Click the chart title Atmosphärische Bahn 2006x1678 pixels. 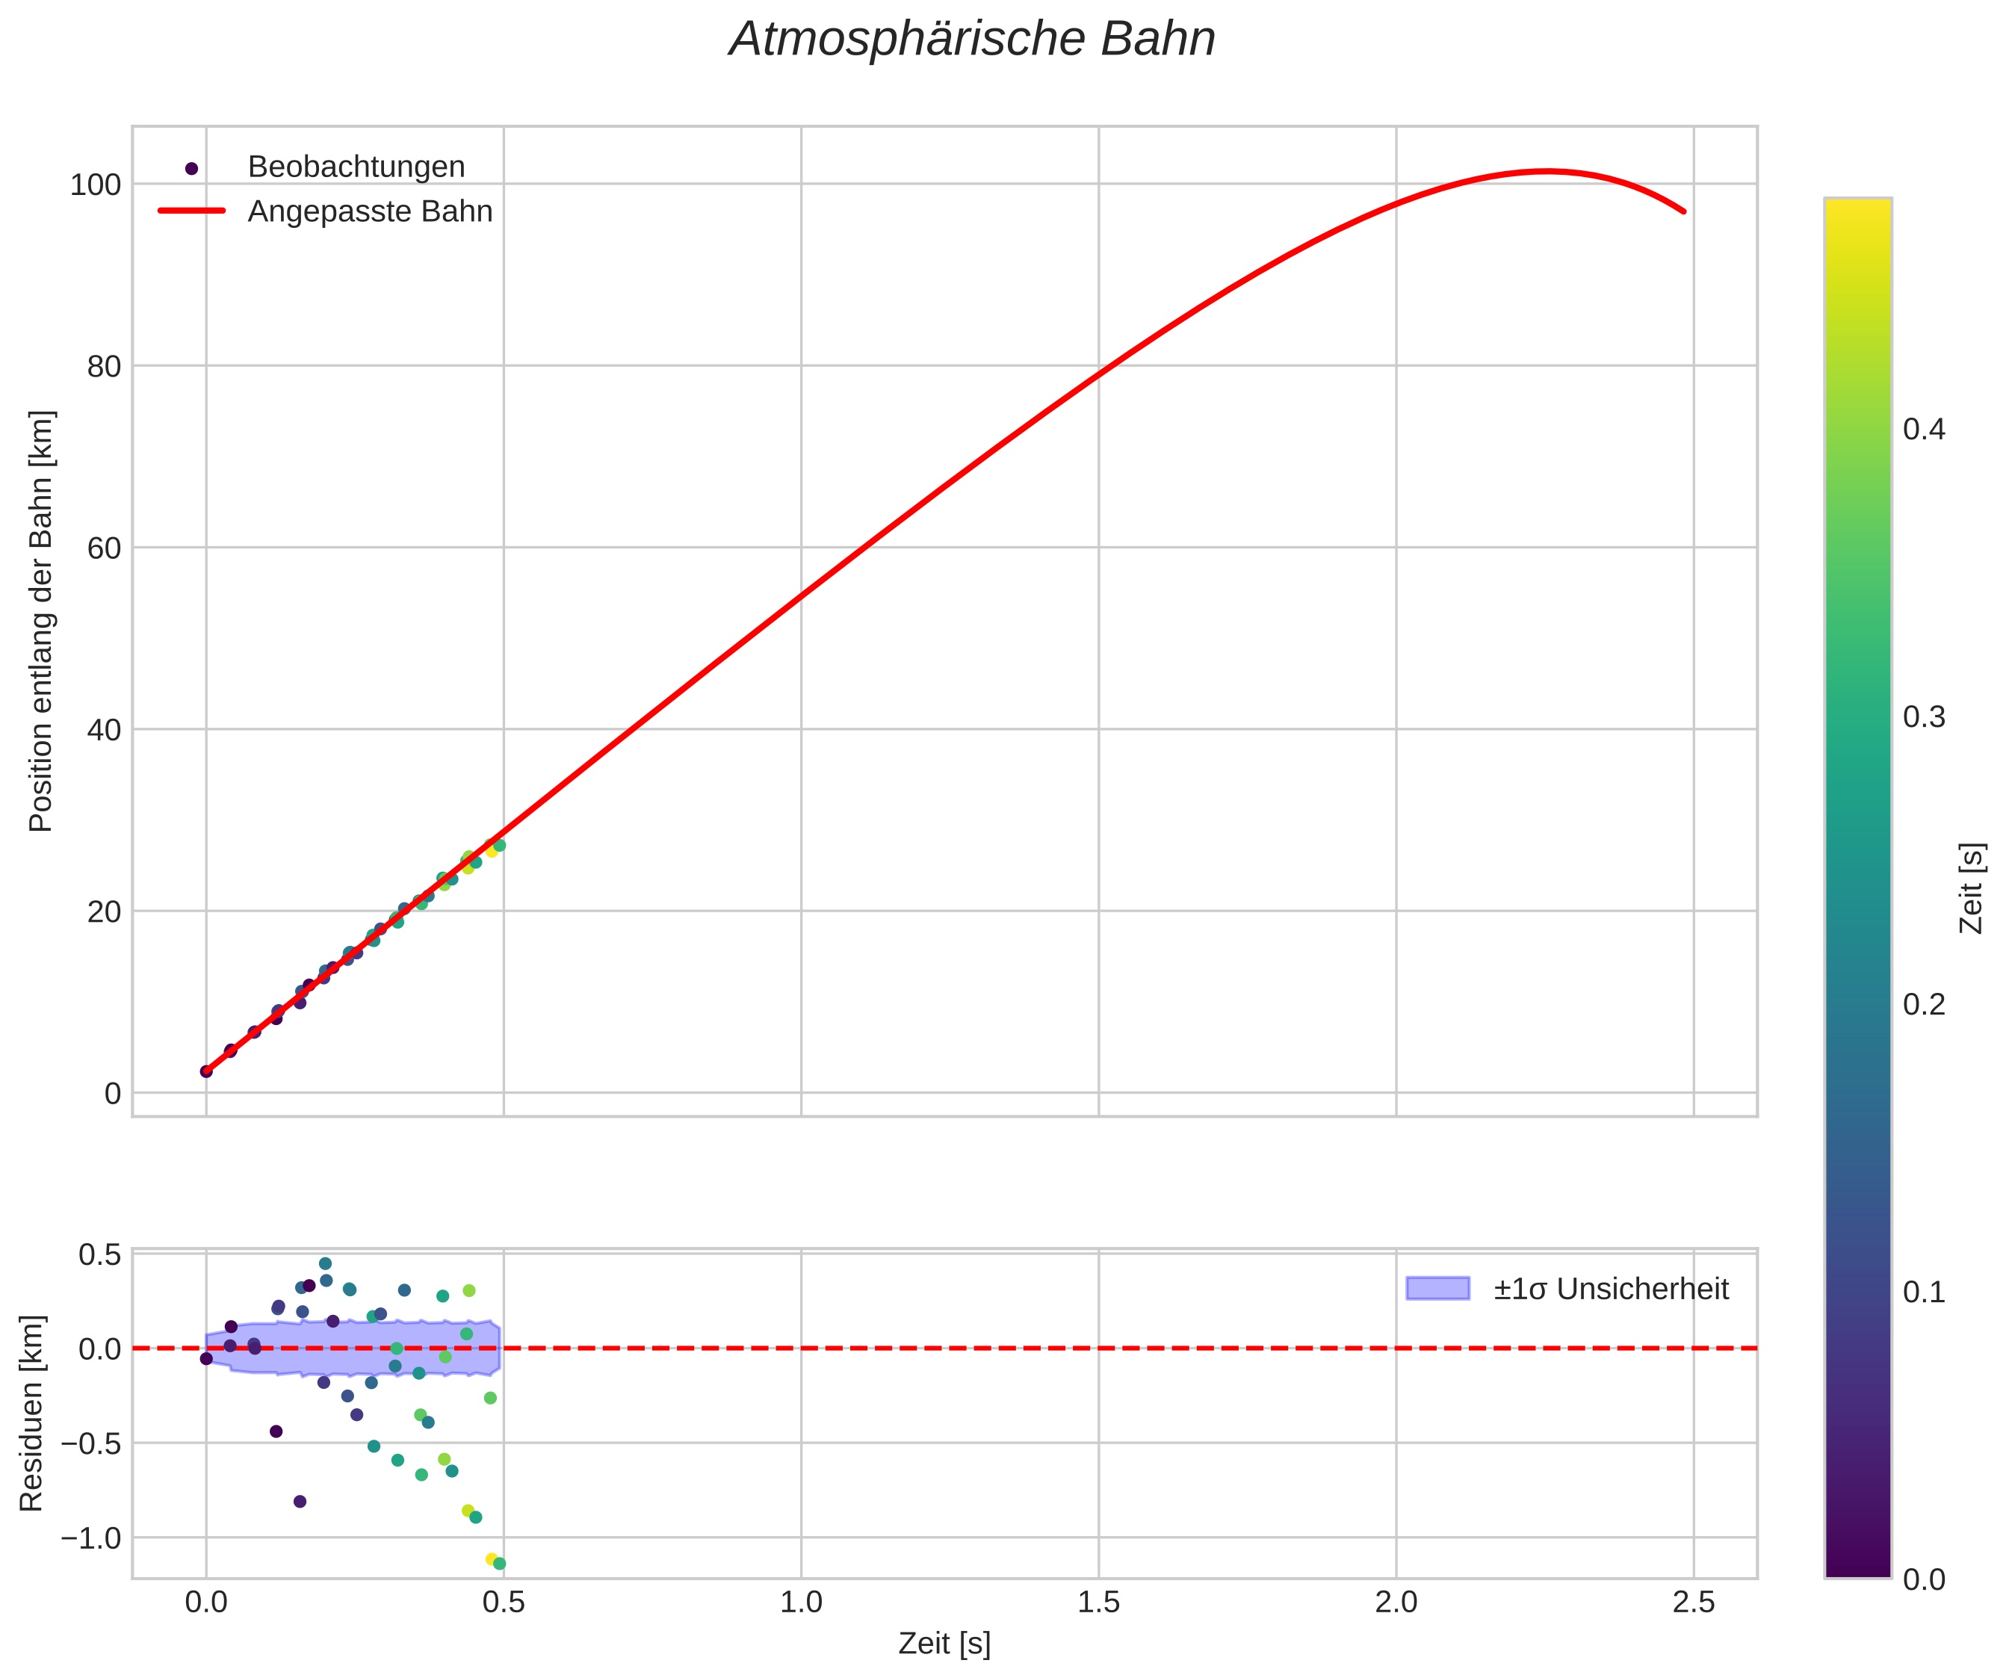pyautogui.click(x=971, y=40)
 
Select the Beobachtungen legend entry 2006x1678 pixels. pyautogui.click(x=356, y=167)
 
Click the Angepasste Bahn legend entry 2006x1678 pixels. pyautogui.click(x=370, y=211)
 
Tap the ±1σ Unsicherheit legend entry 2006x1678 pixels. pyautogui.click(x=1611, y=1290)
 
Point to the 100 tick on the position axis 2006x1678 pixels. pyautogui.click(x=96, y=185)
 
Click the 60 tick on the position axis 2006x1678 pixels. pyautogui.click(x=104, y=549)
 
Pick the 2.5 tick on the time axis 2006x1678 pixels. pyautogui.click(x=1694, y=1603)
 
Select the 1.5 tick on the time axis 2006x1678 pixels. pyautogui.click(x=1098, y=1603)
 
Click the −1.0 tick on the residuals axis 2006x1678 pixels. pyautogui.click(x=92, y=1538)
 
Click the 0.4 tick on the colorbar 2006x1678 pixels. pyautogui.click(x=1924, y=430)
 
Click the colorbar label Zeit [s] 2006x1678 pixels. pyautogui.click(x=1972, y=888)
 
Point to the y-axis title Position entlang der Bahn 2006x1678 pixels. pyautogui.click(x=41, y=621)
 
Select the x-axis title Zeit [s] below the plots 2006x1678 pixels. pyautogui.click(x=944, y=1644)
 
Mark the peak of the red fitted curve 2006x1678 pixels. pyautogui.click(x=1547, y=171)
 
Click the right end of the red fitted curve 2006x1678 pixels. pyautogui.click(x=1684, y=212)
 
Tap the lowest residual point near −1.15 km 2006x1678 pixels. pyautogui.click(x=498, y=1564)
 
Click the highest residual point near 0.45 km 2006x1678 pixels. pyautogui.click(x=325, y=1263)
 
